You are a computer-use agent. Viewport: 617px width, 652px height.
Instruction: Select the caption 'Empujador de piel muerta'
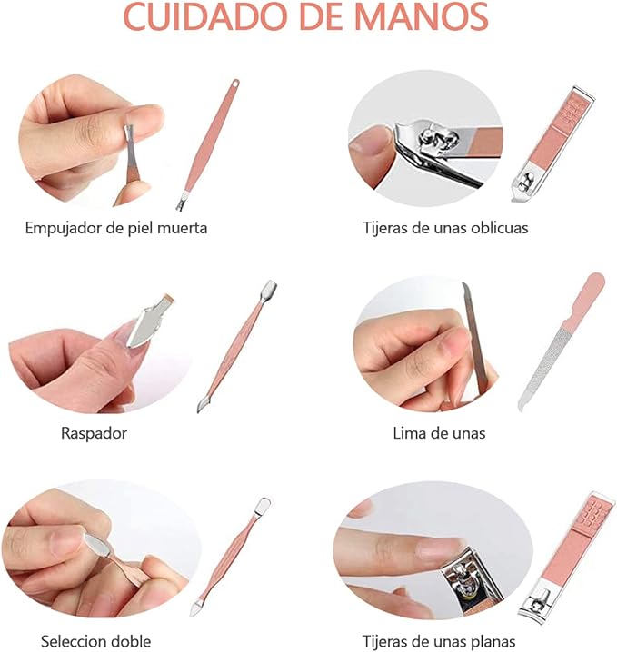tap(116, 228)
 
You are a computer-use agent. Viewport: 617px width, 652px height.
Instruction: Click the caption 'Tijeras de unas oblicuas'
tap(445, 228)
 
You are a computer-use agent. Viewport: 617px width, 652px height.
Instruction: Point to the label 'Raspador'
tap(94, 433)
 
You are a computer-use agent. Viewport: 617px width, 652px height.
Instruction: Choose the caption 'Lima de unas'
tap(439, 433)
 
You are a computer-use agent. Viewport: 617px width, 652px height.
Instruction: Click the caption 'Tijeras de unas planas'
tap(440, 641)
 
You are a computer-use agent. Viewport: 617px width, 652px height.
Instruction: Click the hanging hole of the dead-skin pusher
tap(234, 85)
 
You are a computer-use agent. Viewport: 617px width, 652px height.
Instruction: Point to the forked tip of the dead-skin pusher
tap(182, 204)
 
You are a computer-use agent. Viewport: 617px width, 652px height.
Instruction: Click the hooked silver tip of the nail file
tap(522, 403)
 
